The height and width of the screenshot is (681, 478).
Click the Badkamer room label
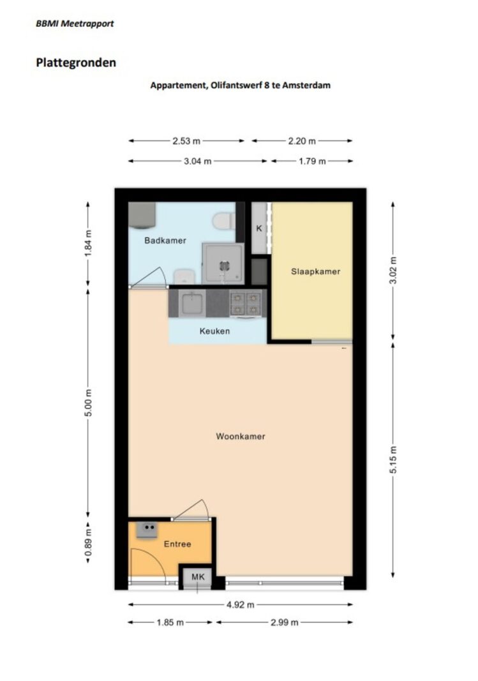(x=165, y=240)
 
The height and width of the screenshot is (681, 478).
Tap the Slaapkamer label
(x=315, y=271)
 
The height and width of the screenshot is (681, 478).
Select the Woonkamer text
(x=241, y=436)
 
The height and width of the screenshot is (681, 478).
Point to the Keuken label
(x=214, y=331)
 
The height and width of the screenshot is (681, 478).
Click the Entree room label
(x=177, y=544)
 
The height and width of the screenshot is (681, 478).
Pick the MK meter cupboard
(x=198, y=577)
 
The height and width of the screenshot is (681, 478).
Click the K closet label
(x=259, y=228)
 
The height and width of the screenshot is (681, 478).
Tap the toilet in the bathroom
(x=224, y=221)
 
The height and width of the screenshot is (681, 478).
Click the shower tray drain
(x=224, y=266)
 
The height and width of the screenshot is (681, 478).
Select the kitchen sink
(x=192, y=303)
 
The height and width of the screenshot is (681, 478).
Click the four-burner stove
(x=246, y=303)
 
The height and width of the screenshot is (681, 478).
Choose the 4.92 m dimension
(x=240, y=604)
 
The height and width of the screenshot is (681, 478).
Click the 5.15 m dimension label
(x=393, y=460)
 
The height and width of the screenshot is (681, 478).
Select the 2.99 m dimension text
(x=285, y=622)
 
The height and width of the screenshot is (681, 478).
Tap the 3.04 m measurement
(x=198, y=161)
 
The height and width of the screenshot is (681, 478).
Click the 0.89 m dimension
(x=88, y=543)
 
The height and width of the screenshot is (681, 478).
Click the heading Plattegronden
(x=76, y=63)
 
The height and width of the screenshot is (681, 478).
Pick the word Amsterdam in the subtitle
(x=306, y=85)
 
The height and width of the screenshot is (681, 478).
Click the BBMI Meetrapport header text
(x=75, y=24)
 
